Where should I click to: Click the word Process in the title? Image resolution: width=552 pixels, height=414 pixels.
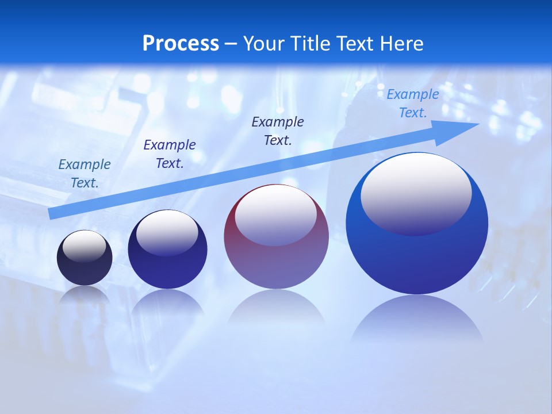(181, 44)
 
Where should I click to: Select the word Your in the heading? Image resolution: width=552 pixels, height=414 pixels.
(263, 44)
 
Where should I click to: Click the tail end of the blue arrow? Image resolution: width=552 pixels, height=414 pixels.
(52, 214)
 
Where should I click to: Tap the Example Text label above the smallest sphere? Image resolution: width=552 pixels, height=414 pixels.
(85, 174)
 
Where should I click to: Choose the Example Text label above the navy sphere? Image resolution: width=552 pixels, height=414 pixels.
(170, 154)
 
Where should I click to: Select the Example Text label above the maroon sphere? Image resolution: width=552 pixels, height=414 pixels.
(278, 131)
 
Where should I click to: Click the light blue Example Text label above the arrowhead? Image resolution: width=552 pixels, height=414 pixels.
(412, 103)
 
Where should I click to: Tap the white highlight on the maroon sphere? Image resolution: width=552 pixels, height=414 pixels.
(276, 215)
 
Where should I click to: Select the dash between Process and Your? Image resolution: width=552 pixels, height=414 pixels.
(231, 44)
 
